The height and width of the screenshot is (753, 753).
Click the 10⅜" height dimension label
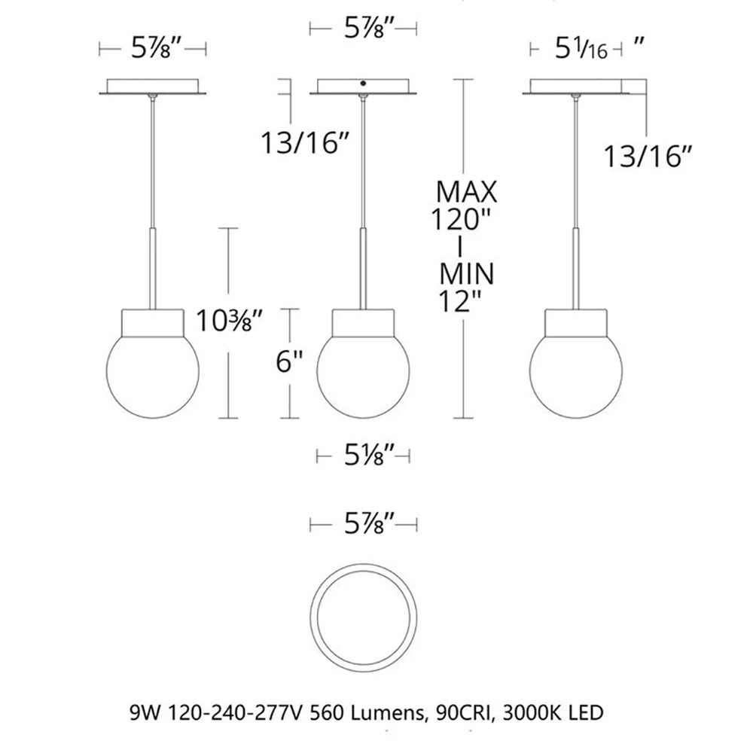tap(230, 321)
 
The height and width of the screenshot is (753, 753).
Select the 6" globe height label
tap(290, 361)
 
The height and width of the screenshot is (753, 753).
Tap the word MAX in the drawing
tap(466, 192)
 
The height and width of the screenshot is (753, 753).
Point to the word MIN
tap(467, 274)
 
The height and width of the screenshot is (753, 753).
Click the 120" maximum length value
tap(459, 219)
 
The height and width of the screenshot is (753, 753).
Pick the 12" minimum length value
tap(459, 302)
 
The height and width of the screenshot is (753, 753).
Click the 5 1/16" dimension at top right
tap(599, 48)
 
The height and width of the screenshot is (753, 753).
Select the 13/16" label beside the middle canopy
tap(304, 142)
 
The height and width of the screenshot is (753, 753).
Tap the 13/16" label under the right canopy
tap(648, 157)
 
